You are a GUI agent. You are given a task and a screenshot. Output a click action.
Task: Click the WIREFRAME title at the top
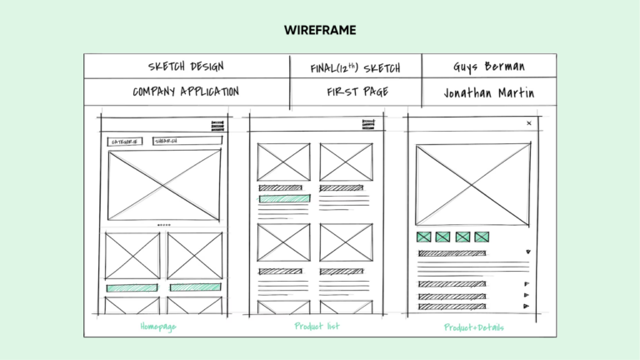[x=320, y=31]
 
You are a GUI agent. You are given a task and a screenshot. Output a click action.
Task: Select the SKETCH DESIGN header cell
[x=186, y=67]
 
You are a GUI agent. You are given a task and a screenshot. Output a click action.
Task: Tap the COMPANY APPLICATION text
[x=186, y=92]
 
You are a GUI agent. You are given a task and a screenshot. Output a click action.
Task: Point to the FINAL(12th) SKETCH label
[x=355, y=67]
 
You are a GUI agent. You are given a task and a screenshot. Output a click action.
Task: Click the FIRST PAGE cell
[x=357, y=92]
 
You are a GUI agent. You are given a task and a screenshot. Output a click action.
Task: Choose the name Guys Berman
[x=489, y=67]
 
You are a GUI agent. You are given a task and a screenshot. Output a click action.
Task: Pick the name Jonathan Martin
[x=488, y=92]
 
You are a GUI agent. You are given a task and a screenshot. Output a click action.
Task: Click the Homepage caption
[x=157, y=327]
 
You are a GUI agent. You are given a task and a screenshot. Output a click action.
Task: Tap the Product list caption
[x=317, y=326]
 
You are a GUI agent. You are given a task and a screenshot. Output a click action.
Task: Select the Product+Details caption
[x=473, y=327]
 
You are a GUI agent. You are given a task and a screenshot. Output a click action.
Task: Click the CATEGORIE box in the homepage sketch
[x=125, y=142]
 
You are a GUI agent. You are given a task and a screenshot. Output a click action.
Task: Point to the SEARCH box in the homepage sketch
[x=187, y=142]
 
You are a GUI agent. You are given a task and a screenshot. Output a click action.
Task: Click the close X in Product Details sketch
[x=528, y=123]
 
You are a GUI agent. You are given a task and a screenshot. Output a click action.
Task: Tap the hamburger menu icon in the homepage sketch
[x=217, y=126]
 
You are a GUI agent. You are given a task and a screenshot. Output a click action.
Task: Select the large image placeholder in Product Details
[x=472, y=184]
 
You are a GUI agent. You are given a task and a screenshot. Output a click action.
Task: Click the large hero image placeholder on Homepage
[x=164, y=185]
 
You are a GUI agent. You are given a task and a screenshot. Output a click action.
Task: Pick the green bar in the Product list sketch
[x=284, y=199]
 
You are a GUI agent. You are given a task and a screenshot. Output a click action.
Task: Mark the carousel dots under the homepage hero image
[x=164, y=225]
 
